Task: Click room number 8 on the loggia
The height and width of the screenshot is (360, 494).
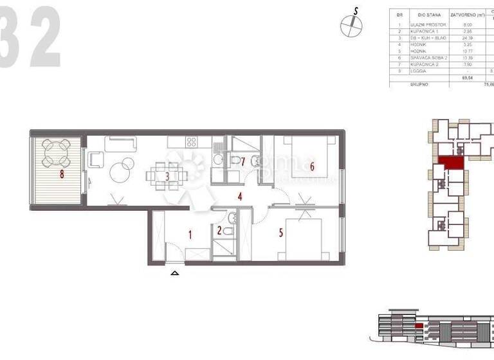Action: (62, 174)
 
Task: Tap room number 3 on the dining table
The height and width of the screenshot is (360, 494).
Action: (167, 175)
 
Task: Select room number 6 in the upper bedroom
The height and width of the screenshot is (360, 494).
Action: (312, 167)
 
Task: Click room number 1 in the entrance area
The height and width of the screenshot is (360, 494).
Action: (190, 235)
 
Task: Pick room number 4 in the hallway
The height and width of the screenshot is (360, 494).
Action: (239, 197)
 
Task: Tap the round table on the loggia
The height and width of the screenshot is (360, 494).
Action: (56, 152)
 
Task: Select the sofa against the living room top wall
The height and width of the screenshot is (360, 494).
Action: (121, 142)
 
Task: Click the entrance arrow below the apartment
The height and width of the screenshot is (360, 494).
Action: (174, 273)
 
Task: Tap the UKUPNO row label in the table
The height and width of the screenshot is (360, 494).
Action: (420, 84)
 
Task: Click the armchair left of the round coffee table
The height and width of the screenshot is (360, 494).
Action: (96, 159)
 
